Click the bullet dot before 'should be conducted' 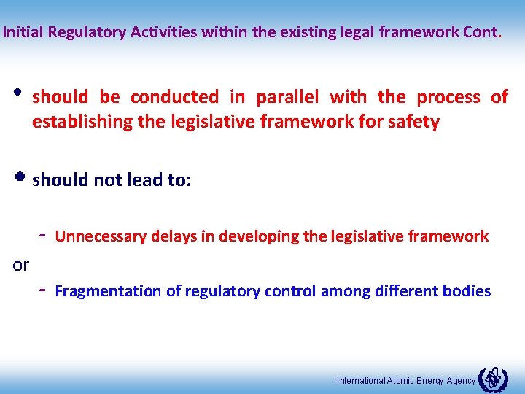(17, 96)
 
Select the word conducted (174, 97)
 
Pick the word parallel (287, 97)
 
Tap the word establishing (79, 122)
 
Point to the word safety (415, 122)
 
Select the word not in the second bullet (108, 179)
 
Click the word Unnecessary (101, 236)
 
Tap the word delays (174, 236)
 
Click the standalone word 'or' (21, 265)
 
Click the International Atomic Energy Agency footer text (406, 380)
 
